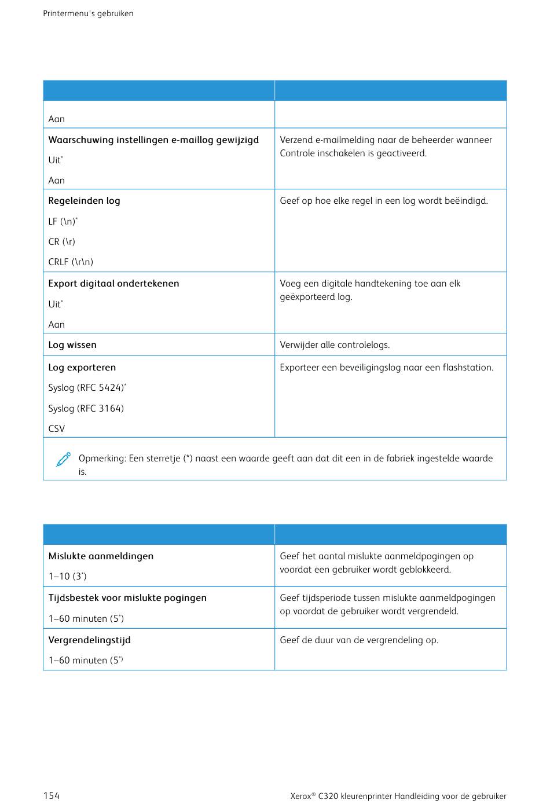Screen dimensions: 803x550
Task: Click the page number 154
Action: tap(52, 795)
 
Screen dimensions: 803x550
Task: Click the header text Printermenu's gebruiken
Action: tap(88, 13)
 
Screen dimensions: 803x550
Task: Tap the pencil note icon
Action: tap(64, 460)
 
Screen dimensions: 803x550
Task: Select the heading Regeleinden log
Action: tap(85, 201)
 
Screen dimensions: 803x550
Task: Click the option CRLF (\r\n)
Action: tap(71, 262)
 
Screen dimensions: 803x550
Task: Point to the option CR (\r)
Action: tap(62, 241)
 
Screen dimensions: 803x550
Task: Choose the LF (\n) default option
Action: tap(63, 221)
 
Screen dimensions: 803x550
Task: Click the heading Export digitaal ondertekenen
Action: tap(114, 283)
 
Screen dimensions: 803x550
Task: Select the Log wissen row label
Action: tap(72, 344)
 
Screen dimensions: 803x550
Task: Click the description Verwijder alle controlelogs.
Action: tap(335, 344)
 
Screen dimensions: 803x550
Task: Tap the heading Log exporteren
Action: tap(82, 367)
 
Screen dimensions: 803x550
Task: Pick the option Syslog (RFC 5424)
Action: tap(87, 388)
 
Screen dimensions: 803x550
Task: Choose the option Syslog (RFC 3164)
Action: tap(86, 408)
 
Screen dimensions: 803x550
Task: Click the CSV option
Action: tap(57, 428)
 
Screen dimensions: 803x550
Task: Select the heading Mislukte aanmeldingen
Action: tap(101, 556)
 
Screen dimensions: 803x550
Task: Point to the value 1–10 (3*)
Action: tap(67, 576)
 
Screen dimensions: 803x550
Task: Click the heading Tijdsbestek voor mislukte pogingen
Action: tap(127, 597)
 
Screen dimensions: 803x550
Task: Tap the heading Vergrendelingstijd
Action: tap(90, 640)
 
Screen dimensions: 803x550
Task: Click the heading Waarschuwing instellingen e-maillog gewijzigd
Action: tap(153, 140)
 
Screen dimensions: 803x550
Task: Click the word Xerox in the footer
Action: tap(301, 796)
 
